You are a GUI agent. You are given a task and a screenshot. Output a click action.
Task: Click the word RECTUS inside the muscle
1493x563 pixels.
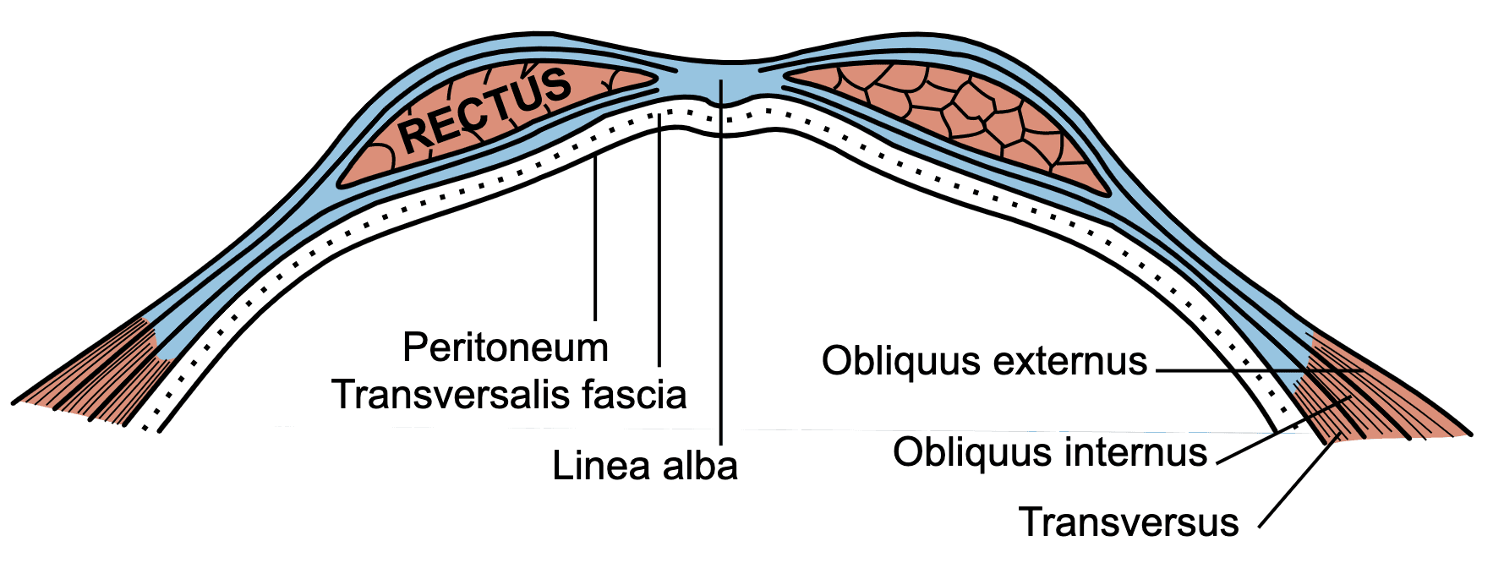coord(484,109)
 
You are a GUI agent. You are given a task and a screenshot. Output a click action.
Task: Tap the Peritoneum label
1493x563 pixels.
coord(506,347)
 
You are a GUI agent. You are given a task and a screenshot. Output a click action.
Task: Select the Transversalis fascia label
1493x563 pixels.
coord(509,395)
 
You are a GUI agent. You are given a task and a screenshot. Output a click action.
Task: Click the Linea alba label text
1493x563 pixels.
coord(645,466)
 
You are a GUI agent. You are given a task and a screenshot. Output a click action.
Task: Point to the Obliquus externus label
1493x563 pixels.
coord(984,361)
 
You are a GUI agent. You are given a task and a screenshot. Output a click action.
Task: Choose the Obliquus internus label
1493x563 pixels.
coord(1050,452)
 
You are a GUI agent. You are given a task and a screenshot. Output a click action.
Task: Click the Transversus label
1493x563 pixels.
coord(1129,522)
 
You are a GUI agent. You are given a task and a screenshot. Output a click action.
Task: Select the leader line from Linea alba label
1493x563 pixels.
coord(721,261)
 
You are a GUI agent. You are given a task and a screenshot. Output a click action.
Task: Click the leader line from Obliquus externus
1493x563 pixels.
coord(1259,370)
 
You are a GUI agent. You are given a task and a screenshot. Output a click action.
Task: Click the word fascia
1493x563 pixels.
coord(635,395)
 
